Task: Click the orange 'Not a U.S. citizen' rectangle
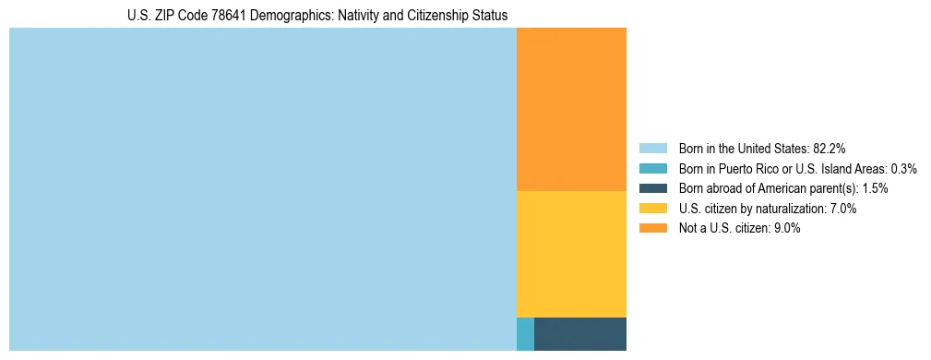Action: pyautogui.click(x=571, y=109)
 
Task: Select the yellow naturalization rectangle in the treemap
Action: pyautogui.click(x=571, y=253)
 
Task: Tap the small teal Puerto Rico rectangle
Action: pyautogui.click(x=525, y=333)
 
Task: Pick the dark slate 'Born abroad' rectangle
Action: pyautogui.click(x=580, y=333)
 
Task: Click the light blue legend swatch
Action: pyautogui.click(x=652, y=148)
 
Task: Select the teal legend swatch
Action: pyautogui.click(x=652, y=168)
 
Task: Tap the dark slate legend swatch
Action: pyautogui.click(x=652, y=188)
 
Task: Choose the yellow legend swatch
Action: pyautogui.click(x=652, y=209)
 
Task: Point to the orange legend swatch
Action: pyautogui.click(x=652, y=229)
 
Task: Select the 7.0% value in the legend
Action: pyautogui.click(x=841, y=209)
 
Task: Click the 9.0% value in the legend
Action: pyautogui.click(x=785, y=229)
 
